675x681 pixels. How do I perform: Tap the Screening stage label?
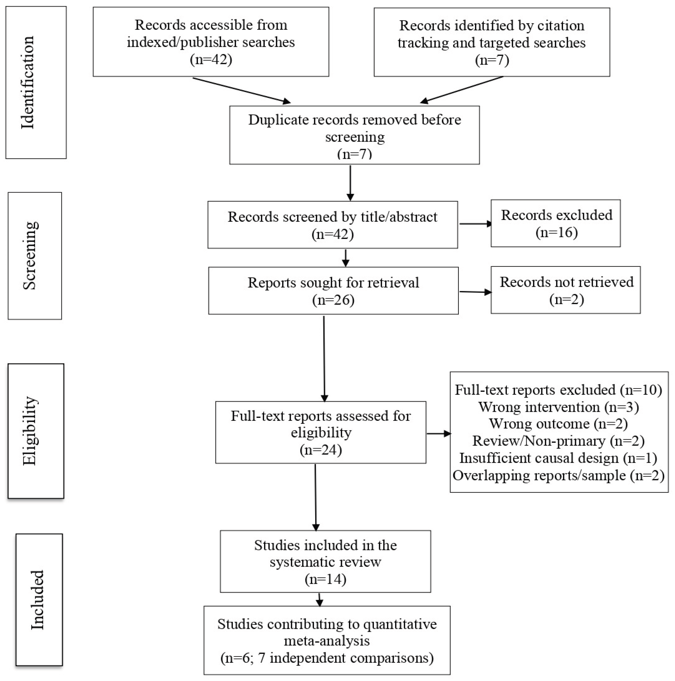coord(30,256)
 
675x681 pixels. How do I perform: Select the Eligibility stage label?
coord(30,431)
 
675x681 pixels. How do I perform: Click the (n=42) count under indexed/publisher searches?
coord(211,59)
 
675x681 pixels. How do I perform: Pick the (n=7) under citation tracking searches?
coord(492,60)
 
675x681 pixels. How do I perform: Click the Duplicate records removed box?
coord(355,135)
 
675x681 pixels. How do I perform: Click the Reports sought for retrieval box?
coord(333,291)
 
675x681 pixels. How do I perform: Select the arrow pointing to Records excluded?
coord(475,223)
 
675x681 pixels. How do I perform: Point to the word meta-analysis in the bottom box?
coord(327,641)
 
